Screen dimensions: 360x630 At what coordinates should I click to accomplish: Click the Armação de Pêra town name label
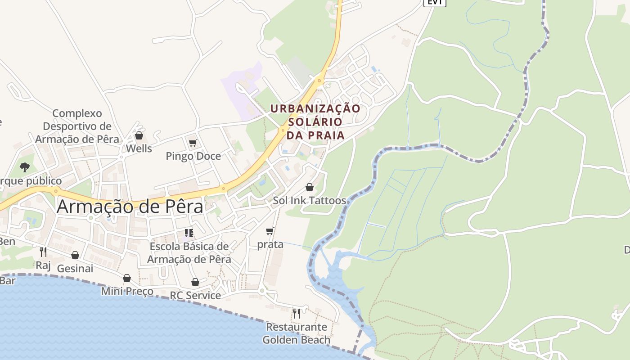[130, 207]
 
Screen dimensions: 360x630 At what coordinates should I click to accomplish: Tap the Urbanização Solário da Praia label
[315, 121]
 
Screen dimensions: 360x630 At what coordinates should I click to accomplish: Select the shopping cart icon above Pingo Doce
[193, 143]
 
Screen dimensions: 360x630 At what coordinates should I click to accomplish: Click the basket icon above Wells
[139, 135]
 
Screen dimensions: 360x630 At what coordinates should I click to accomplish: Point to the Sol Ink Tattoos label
[310, 201]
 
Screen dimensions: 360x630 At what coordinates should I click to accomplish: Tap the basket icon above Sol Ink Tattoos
[310, 187]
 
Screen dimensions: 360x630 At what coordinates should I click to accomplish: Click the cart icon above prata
[270, 231]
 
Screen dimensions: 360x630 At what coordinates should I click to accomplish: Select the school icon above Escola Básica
[189, 233]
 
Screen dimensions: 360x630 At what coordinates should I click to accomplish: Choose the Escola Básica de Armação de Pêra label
[189, 253]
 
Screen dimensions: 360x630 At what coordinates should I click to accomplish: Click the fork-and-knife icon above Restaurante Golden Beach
[296, 313]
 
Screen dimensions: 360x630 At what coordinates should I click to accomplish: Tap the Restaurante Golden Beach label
[297, 333]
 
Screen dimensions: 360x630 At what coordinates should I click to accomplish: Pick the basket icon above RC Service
[195, 282]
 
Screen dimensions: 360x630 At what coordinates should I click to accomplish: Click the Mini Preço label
[127, 291]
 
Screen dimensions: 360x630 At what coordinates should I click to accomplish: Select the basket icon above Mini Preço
[127, 278]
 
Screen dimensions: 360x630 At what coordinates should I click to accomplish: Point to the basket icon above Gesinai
[75, 255]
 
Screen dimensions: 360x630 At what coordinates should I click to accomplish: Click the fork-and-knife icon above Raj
[43, 252]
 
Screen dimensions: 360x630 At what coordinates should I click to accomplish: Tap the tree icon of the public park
[25, 167]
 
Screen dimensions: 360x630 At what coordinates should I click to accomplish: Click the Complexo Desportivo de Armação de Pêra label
[77, 126]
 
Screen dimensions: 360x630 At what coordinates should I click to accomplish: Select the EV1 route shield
[434, 2]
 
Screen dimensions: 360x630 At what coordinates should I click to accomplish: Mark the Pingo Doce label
[193, 156]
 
